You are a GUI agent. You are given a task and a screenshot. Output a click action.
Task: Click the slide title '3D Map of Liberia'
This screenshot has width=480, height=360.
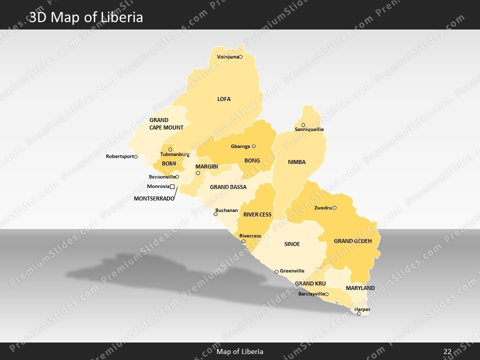[x=86, y=17]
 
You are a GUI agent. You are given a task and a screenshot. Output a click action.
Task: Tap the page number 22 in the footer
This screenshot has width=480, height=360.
[x=447, y=351]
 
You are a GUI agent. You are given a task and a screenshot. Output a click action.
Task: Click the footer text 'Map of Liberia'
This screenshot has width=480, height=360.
[x=240, y=351]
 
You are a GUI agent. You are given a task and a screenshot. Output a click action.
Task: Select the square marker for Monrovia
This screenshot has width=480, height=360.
[x=172, y=186]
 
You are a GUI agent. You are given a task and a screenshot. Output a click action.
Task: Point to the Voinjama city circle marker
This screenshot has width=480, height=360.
[x=240, y=56]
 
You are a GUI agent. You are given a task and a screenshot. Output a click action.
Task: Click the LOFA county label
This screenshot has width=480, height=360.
[x=224, y=99]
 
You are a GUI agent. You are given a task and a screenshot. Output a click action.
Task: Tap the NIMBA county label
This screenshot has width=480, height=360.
[x=296, y=162]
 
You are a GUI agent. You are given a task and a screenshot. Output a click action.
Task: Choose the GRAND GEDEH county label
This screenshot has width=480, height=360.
[x=353, y=241]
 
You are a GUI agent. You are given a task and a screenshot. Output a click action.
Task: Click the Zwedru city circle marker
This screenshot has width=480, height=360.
[x=334, y=207]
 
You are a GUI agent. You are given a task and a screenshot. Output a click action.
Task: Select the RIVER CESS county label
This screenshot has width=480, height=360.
[x=257, y=214]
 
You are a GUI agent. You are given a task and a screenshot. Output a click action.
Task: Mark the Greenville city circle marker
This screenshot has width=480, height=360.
[x=276, y=271]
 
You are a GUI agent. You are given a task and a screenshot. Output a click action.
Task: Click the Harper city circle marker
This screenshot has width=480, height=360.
[x=358, y=313]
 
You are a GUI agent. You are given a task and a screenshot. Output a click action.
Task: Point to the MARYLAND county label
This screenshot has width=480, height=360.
[x=360, y=288]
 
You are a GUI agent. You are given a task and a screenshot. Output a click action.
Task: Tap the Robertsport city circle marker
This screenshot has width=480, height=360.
[x=135, y=156]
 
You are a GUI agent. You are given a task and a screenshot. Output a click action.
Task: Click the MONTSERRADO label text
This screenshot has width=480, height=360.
[x=154, y=198]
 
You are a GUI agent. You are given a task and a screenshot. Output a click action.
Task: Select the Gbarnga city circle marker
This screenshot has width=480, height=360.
[x=253, y=146]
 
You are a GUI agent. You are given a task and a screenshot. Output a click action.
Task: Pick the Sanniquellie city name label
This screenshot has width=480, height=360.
[x=309, y=129]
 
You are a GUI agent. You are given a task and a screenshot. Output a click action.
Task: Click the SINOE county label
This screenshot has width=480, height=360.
[x=292, y=244]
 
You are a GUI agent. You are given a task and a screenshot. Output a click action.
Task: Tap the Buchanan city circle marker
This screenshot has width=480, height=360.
[x=215, y=214]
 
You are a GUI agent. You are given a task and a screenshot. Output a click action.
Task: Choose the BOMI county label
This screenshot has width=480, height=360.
[x=169, y=163]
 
